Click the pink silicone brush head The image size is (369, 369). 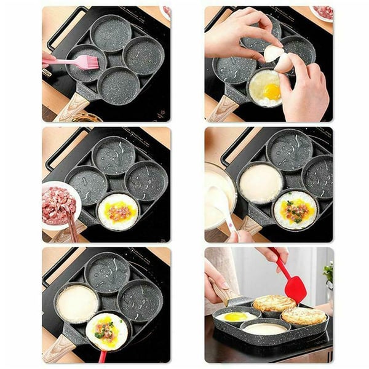click(86, 62)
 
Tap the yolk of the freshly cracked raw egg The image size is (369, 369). click(272, 91)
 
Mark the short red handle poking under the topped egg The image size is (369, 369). click(102, 356)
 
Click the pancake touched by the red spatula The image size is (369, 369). click(275, 303)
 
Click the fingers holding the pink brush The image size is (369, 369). click(48, 58)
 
